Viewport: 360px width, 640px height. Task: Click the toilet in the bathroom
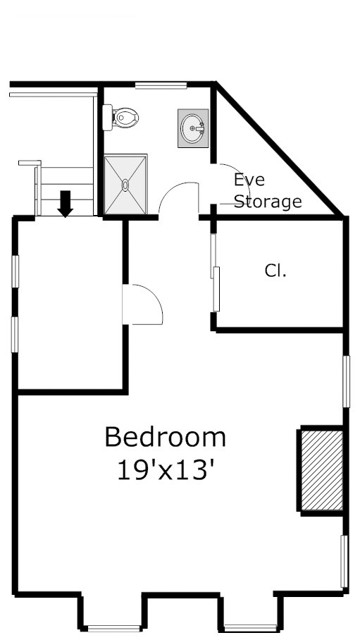[x=120, y=118]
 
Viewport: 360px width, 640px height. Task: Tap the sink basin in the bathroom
[x=192, y=128]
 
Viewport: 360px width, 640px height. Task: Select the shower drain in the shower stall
[x=125, y=185]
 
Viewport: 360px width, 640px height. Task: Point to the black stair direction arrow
[x=66, y=204]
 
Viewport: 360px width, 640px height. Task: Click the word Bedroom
[x=166, y=437]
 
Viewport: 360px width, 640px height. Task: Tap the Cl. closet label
[x=275, y=270]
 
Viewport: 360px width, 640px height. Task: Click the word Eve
[x=249, y=180]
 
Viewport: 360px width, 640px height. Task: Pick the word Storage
[x=268, y=202]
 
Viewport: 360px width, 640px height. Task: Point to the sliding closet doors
[x=215, y=272]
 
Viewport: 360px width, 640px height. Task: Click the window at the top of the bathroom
[x=161, y=86]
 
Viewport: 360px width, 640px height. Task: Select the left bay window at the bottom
[x=114, y=629]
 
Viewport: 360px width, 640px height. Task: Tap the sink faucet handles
[x=200, y=128]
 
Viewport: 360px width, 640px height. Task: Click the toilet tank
[x=107, y=118]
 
